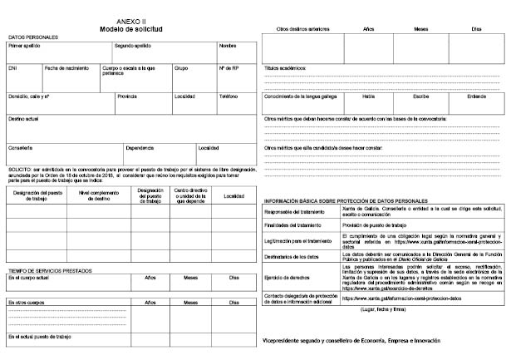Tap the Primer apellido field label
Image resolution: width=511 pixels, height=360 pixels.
tap(25, 46)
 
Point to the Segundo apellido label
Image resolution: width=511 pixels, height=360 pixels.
tap(133, 46)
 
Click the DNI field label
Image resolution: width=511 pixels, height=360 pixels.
tap(12, 67)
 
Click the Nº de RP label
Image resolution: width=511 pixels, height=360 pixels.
tap(230, 67)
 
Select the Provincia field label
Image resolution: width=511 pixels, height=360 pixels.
tap(127, 96)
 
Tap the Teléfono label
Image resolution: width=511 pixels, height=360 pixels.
tap(228, 96)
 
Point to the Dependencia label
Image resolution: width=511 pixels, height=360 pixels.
tap(140, 148)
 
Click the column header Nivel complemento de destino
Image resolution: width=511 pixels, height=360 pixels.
tap(98, 196)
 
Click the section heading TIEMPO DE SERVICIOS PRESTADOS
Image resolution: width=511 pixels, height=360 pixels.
tap(50, 270)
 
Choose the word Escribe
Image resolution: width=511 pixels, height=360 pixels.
tap(420, 96)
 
